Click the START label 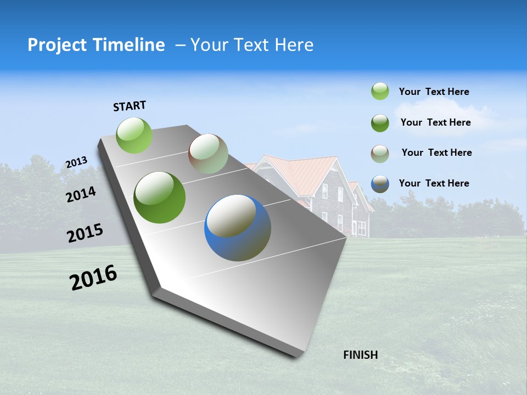(x=130, y=106)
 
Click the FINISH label (x=360, y=355)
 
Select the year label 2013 (x=76, y=162)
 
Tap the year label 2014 (x=81, y=195)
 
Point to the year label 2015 (x=85, y=233)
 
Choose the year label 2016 (x=93, y=278)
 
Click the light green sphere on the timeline (x=134, y=135)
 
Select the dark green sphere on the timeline (x=160, y=198)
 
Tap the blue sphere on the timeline (x=238, y=228)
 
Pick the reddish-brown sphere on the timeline (x=208, y=154)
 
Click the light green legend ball (x=380, y=92)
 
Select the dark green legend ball (x=380, y=122)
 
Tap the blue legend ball (x=380, y=183)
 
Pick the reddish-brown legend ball (x=380, y=153)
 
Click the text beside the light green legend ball (x=434, y=92)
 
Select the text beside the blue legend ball (x=434, y=183)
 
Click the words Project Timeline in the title (x=96, y=45)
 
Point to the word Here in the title (x=294, y=45)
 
